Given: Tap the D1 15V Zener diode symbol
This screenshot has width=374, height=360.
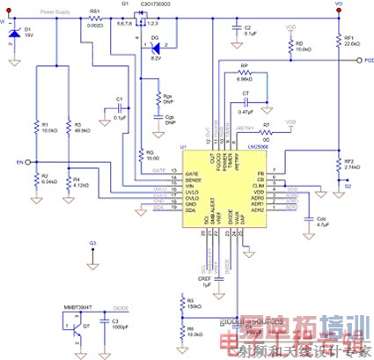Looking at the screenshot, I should tap(11, 33).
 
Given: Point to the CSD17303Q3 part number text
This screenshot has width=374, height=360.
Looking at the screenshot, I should tap(152, 4).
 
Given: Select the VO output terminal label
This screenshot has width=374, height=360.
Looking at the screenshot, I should tap(340, 4).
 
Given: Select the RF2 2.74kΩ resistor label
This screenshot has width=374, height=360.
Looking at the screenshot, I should tap(349, 165).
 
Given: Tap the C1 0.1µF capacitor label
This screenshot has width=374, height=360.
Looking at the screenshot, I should tap(120, 99).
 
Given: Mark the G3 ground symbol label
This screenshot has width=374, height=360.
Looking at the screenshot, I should tap(92, 242).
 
